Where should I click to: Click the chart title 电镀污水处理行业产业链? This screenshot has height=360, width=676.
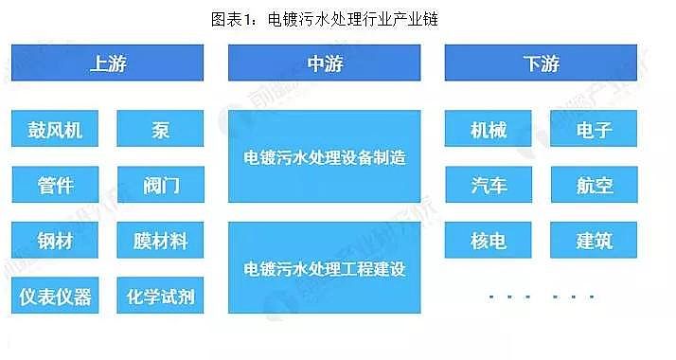point(338,18)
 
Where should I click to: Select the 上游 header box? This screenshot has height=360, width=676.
point(109,63)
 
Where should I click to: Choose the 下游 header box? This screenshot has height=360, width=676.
point(542,63)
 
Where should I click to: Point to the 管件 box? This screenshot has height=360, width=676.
point(56,185)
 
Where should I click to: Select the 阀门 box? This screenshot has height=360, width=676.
point(161,185)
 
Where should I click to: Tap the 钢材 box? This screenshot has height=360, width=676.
point(56,241)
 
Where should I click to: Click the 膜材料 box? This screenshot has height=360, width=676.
point(161,241)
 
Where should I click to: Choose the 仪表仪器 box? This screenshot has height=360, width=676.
point(56,296)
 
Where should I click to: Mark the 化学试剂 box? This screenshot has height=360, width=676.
point(161,296)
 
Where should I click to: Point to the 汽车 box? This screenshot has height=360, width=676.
point(489,185)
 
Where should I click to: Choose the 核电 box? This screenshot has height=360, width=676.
point(489,241)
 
